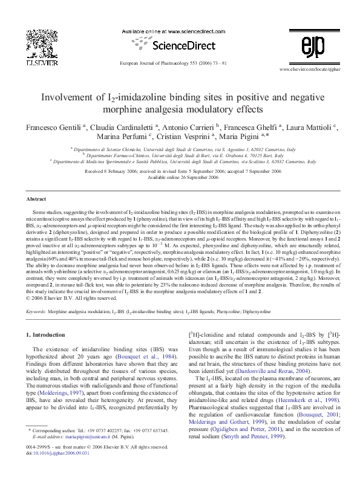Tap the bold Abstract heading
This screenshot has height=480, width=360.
37,199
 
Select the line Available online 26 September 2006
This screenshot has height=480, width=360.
180,178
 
